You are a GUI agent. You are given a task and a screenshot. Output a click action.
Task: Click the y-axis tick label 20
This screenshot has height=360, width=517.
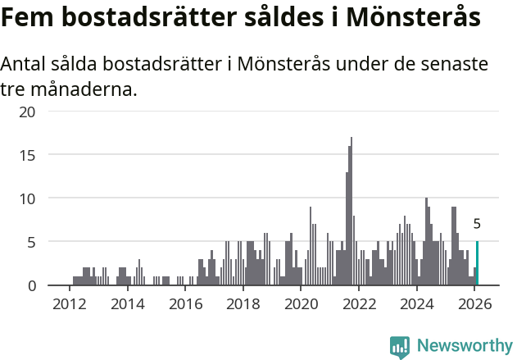(26, 111)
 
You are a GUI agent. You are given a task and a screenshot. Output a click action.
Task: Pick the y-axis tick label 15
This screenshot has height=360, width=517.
(26, 154)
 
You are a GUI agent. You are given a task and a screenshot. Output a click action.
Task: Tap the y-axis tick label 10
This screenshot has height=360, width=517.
(26, 198)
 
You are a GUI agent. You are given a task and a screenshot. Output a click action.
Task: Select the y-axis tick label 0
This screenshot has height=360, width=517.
(31, 285)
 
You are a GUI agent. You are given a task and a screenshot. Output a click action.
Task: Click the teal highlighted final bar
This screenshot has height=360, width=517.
(477, 264)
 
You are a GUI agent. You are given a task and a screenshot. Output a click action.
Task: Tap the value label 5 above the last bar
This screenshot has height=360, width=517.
(477, 224)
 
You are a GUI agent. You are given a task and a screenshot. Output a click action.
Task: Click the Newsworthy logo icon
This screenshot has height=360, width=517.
(400, 347)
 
